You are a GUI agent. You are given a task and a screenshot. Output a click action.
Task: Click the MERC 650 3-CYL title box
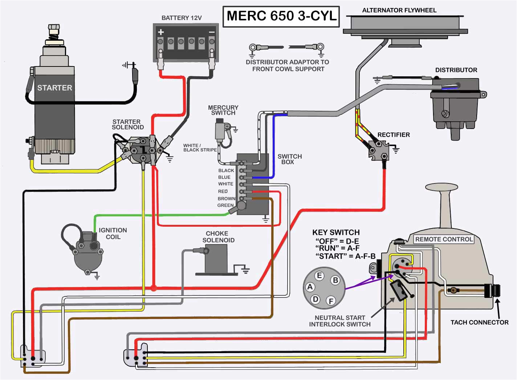[281, 16]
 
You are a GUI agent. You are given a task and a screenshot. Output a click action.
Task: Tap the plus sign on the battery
[161, 32]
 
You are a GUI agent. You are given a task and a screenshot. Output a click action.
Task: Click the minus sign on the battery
[211, 32]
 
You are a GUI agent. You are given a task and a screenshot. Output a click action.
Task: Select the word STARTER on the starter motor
[55, 88]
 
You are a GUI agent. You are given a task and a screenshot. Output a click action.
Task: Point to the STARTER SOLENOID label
[127, 125]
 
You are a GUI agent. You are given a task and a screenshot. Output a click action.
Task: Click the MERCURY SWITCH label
[223, 110]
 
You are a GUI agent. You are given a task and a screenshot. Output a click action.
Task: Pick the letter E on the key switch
[319, 275]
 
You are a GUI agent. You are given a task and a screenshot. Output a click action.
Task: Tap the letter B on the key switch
[335, 280]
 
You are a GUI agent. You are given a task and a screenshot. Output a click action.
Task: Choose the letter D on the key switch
[316, 299]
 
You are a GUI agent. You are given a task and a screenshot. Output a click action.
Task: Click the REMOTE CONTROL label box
[444, 239]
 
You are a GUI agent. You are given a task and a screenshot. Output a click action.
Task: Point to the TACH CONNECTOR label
[479, 322]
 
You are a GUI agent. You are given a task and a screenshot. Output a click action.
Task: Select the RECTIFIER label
[393, 135]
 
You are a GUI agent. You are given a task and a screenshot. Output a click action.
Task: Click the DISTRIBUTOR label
[456, 70]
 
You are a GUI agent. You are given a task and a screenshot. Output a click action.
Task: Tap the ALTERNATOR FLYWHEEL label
[399, 10]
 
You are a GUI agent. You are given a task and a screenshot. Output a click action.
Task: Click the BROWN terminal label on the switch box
[226, 199]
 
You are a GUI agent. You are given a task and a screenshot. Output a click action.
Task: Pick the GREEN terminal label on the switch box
[225, 205]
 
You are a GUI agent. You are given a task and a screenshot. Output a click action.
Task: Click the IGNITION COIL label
[113, 234]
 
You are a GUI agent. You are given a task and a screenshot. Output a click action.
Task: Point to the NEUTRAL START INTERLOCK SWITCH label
[339, 321]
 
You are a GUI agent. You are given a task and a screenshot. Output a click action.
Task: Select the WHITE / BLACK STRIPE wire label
[200, 147]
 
